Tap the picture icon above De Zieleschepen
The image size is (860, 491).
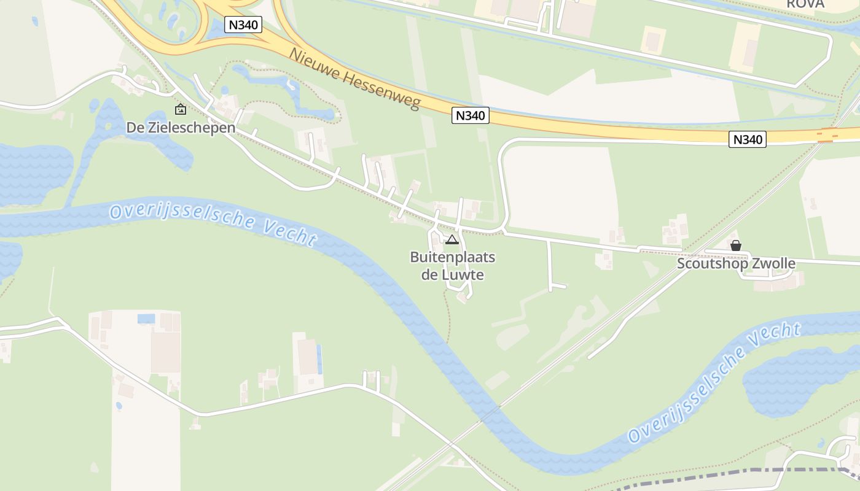tap(181, 109)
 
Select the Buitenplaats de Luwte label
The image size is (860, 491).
tap(453, 266)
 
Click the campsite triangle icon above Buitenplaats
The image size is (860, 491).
tap(452, 240)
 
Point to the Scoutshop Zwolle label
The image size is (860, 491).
tap(736, 264)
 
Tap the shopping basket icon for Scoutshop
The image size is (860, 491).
tap(736, 246)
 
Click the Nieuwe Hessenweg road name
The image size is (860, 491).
tap(354, 79)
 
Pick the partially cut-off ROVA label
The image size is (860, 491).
tap(805, 4)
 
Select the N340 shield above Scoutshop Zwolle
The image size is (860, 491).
tap(748, 139)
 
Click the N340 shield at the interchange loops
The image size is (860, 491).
tap(243, 25)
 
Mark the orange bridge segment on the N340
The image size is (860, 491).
tap(827, 135)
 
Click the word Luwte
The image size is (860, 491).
tap(462, 274)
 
